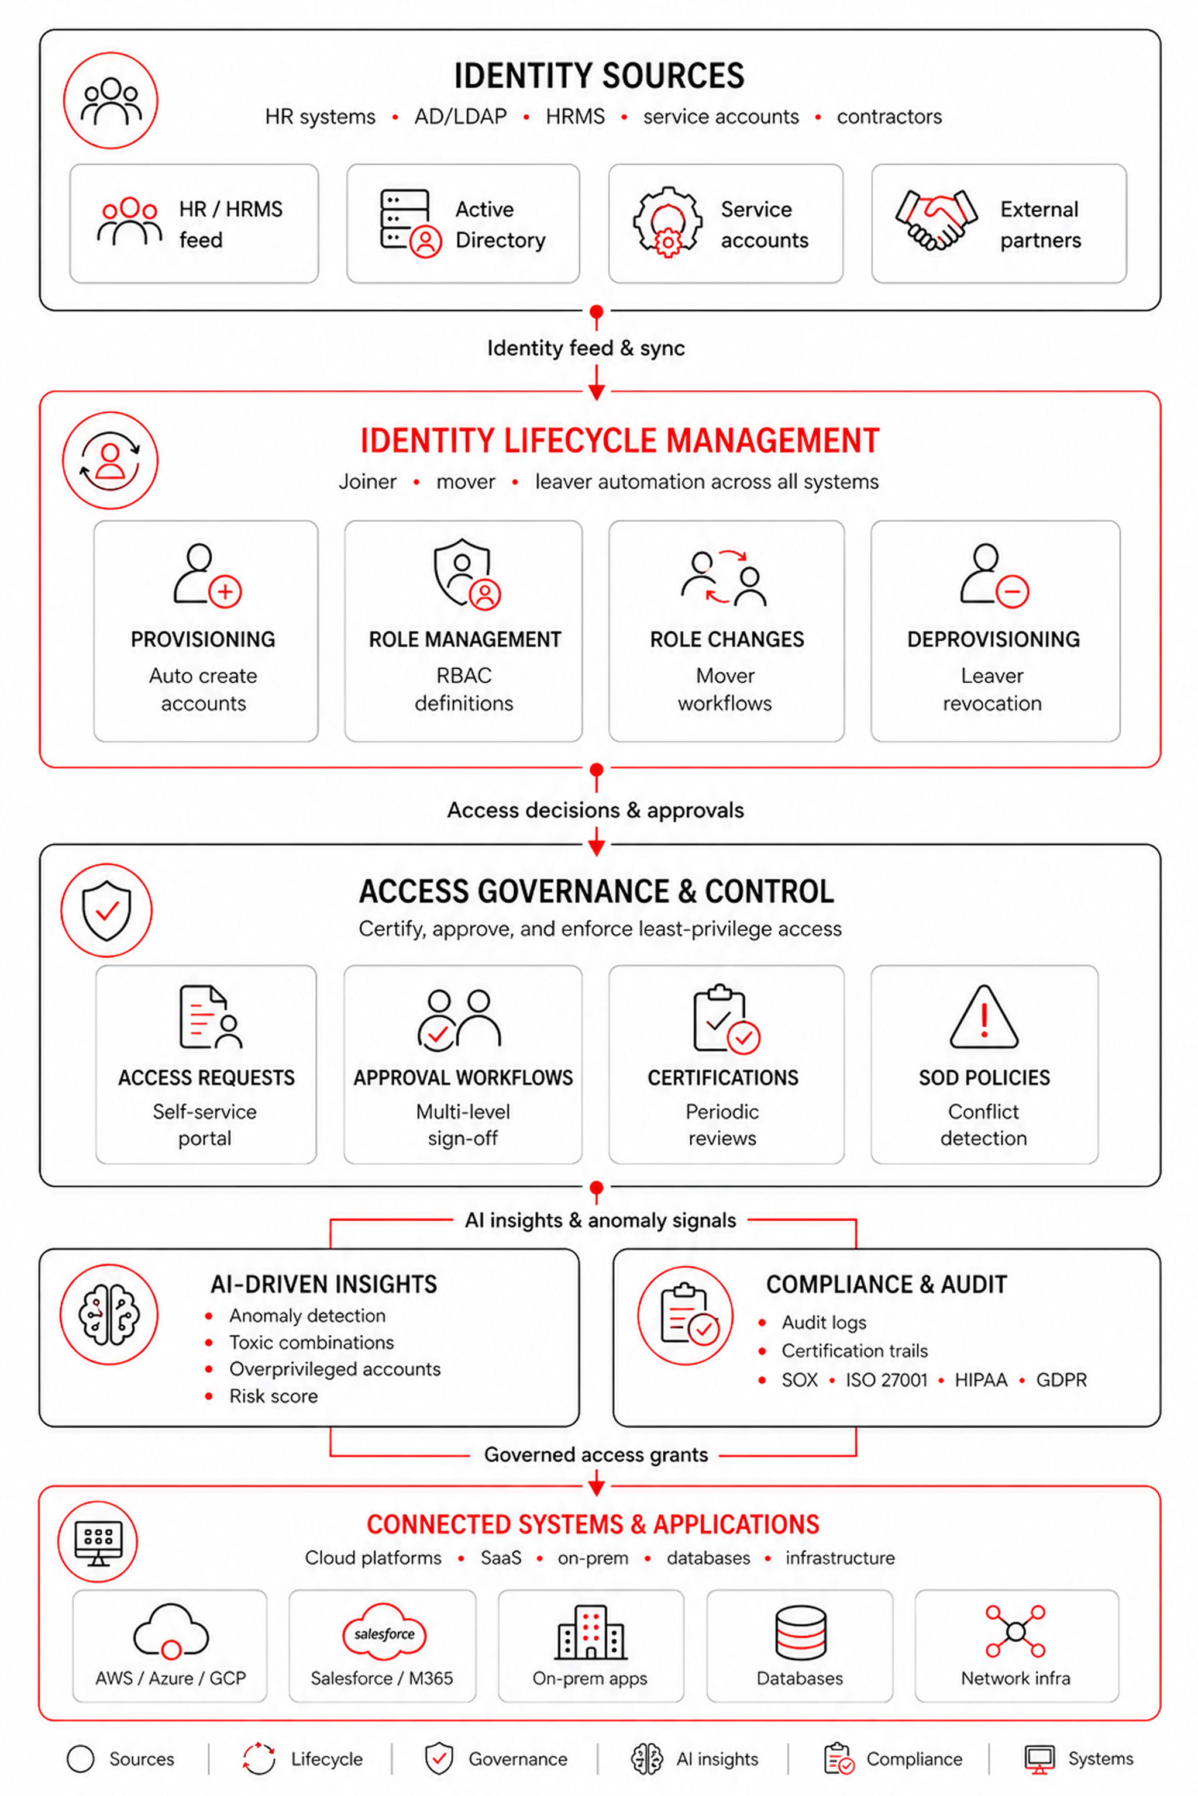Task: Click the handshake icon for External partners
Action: (x=936, y=220)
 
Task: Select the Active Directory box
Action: (x=463, y=224)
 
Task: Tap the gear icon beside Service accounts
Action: (x=668, y=222)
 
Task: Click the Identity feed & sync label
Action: (x=586, y=348)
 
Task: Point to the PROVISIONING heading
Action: (x=203, y=639)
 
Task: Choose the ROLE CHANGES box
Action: (x=727, y=631)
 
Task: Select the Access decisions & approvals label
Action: (x=595, y=810)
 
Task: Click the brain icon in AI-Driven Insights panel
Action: (x=109, y=1314)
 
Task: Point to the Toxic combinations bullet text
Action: (x=312, y=1342)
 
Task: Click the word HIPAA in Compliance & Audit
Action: (x=981, y=1380)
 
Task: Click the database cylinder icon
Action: (x=800, y=1632)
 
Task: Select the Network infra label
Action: (x=1015, y=1678)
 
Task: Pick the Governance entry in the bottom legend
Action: (x=497, y=1759)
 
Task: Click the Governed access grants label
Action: (x=596, y=1455)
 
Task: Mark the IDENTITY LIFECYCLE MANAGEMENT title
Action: (x=619, y=441)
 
